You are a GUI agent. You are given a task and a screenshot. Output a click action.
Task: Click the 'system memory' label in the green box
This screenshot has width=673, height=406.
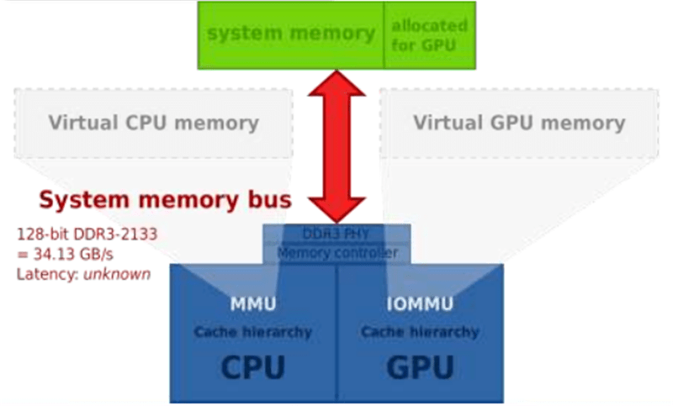click(x=290, y=34)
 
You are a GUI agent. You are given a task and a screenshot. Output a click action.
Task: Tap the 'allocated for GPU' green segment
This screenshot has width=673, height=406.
click(x=429, y=34)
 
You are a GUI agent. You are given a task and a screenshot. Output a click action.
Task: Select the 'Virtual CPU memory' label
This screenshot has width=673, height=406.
click(x=153, y=123)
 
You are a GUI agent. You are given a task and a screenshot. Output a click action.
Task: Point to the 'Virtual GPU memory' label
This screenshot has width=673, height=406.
click(x=519, y=123)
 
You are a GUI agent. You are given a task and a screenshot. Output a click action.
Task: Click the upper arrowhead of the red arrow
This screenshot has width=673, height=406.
click(x=337, y=83)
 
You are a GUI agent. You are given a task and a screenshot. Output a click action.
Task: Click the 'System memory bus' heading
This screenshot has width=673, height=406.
click(x=166, y=200)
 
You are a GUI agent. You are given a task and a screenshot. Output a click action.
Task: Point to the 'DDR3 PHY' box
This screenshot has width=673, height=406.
click(x=337, y=233)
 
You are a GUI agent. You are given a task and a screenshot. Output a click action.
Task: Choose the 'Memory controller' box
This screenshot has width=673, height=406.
click(x=337, y=252)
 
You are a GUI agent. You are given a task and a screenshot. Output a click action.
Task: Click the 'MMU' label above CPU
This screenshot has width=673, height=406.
click(x=253, y=303)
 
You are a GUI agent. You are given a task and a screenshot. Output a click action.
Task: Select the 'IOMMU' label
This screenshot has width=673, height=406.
click(x=420, y=303)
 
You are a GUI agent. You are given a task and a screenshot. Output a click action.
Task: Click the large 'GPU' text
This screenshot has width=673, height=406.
click(x=420, y=366)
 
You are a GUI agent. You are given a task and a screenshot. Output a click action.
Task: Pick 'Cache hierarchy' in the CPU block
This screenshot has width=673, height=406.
click(x=253, y=332)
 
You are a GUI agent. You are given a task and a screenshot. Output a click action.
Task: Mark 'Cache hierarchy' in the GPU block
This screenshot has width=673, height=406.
click(x=420, y=332)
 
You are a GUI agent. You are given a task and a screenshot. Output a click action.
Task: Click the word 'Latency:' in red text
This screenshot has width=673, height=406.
click(x=47, y=273)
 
